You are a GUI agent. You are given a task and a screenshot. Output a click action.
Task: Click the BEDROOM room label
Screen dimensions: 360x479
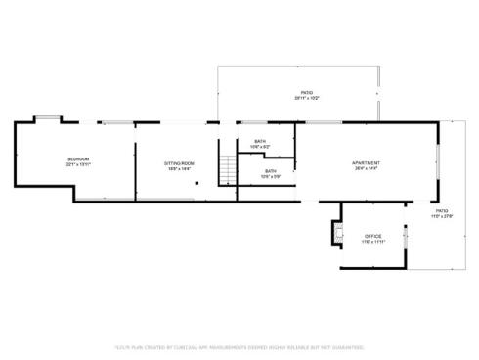coord(78,158)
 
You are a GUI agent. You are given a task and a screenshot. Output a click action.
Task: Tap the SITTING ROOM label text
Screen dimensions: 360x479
coord(179,162)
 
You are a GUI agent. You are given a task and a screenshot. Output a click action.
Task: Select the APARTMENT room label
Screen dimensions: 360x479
coord(367,162)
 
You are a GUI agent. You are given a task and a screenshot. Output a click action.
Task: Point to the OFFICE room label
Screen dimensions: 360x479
coord(372,236)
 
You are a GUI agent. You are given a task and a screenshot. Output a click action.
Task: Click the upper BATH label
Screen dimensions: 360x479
coord(260,141)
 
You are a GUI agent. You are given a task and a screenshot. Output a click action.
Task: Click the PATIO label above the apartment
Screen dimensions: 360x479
coord(307,93)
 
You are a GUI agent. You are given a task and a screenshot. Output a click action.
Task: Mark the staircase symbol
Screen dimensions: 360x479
coord(228,168)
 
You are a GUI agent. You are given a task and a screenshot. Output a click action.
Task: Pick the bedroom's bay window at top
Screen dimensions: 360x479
coord(49,119)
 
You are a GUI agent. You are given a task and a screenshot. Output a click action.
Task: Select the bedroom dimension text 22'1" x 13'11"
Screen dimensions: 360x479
coord(78,165)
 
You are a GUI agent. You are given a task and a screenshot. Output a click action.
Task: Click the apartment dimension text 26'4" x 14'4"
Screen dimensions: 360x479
coord(367,169)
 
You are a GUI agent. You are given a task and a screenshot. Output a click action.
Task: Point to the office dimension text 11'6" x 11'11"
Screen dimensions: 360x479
coord(372,242)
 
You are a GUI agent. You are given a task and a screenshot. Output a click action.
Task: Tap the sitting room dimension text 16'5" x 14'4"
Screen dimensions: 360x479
coord(179,169)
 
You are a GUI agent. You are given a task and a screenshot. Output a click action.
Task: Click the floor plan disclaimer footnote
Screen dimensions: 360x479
coord(239,345)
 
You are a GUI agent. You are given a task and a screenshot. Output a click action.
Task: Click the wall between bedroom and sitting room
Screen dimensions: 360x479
coord(134,161)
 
